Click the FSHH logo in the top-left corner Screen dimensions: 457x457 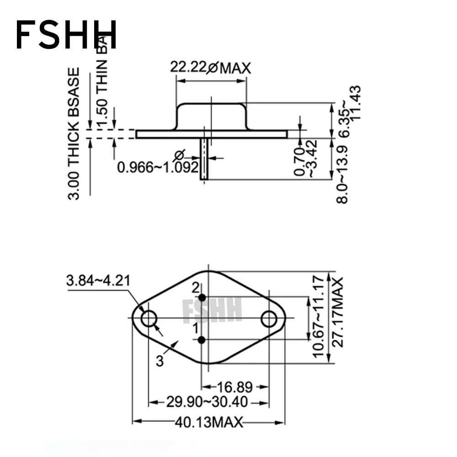click(66, 35)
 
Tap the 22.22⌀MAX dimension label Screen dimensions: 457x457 click(211, 68)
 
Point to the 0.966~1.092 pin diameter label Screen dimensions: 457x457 click(158, 167)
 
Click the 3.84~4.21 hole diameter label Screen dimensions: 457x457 click(98, 281)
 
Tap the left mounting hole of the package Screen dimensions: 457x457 click(149, 319)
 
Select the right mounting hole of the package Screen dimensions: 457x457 click(269, 319)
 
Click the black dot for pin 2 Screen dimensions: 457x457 click(202, 298)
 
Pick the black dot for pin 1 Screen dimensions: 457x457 click(202, 340)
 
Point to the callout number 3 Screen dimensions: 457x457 click(159, 361)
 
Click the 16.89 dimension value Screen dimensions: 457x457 click(235, 387)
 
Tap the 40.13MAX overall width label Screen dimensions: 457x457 click(207, 422)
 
